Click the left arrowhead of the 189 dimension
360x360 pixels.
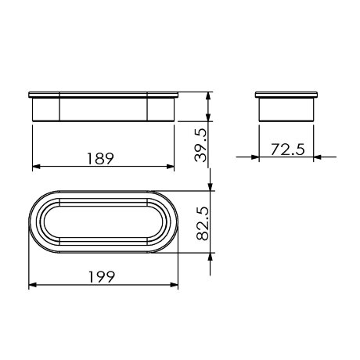(35, 167)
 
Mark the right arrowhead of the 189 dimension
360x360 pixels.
(171, 167)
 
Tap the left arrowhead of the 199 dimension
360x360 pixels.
(32, 286)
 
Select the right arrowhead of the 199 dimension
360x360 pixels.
(175, 286)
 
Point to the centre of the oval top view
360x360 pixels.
(104, 221)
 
